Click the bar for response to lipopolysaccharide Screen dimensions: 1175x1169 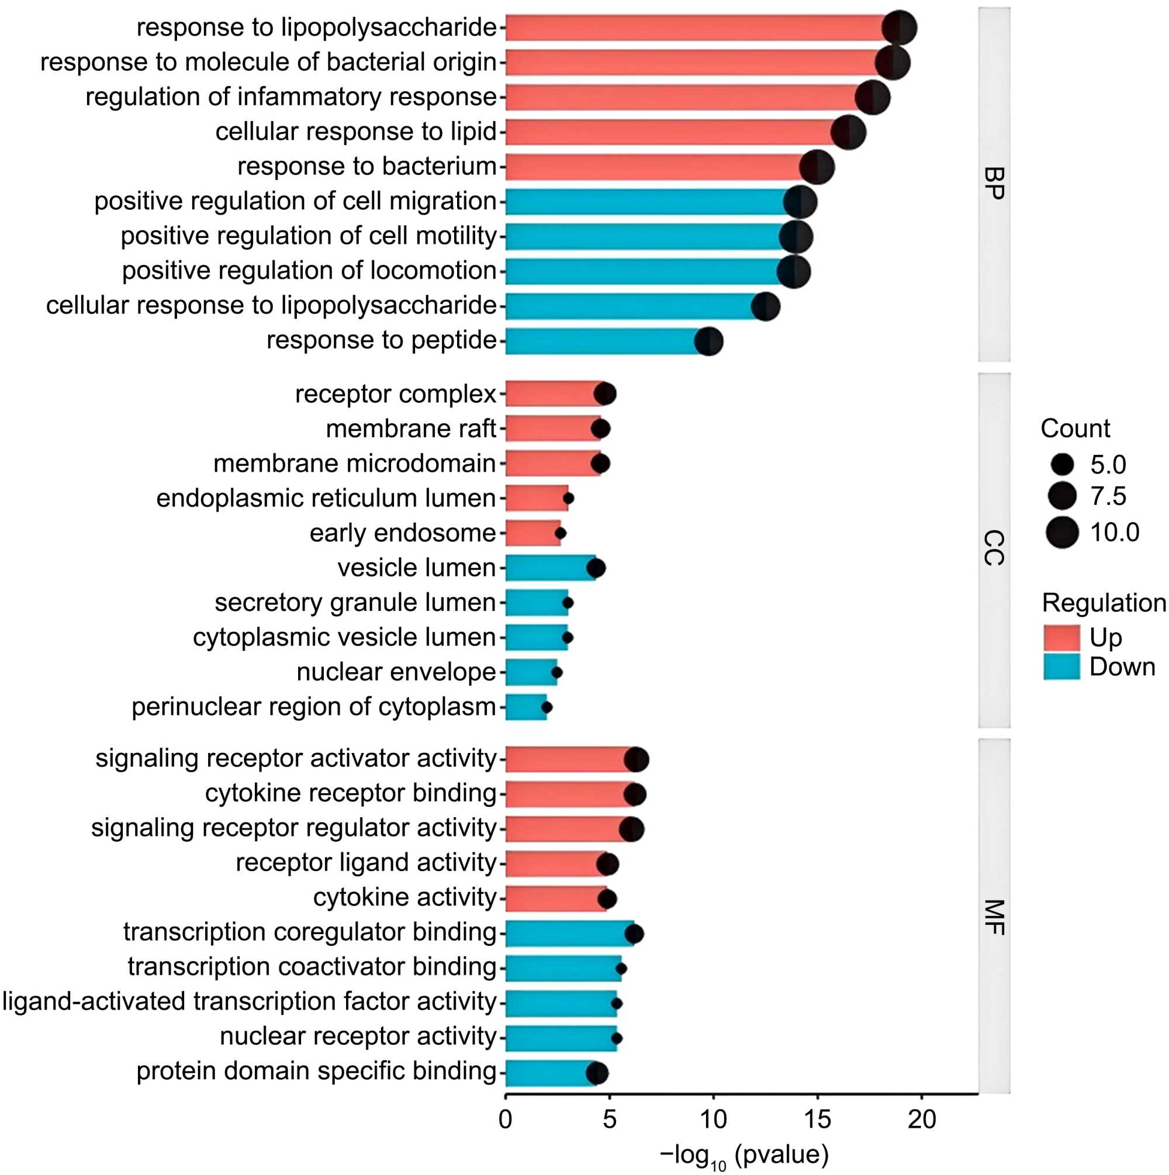click(x=693, y=28)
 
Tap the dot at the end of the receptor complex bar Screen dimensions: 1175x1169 click(x=604, y=394)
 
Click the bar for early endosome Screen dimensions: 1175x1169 click(x=532, y=533)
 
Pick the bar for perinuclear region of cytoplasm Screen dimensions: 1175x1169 click(x=525, y=707)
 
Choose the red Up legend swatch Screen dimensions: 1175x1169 click(x=1061, y=637)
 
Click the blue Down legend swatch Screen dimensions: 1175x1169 click(x=1061, y=667)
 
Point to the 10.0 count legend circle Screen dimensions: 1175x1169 click(x=1062, y=533)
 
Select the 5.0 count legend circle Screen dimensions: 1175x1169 click(x=1062, y=465)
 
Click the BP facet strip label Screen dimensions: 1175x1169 click(x=994, y=184)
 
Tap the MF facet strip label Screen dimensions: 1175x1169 click(x=994, y=917)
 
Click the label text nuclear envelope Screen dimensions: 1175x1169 click(x=396, y=672)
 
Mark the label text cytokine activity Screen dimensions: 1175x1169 click(x=405, y=898)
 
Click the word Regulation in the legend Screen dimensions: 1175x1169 click(x=1104, y=603)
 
